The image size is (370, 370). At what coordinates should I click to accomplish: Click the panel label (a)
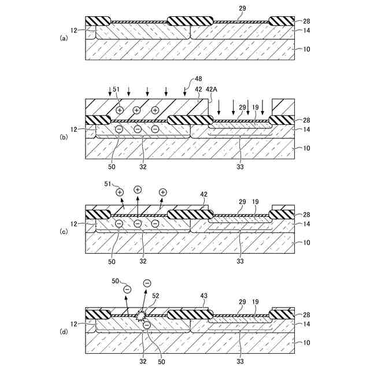pos(64,38)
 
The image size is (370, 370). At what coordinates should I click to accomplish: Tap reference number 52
pos(155,295)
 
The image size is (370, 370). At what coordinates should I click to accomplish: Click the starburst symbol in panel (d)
pos(140,316)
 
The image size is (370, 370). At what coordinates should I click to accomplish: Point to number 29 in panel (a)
pos(242,8)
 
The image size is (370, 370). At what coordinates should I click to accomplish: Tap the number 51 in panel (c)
pos(108,184)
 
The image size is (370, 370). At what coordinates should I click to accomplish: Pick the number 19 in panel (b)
pos(256,108)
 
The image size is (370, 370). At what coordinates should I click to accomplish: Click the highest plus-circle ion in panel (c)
pos(138,189)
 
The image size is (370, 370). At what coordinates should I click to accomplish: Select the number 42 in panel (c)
pos(203,194)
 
